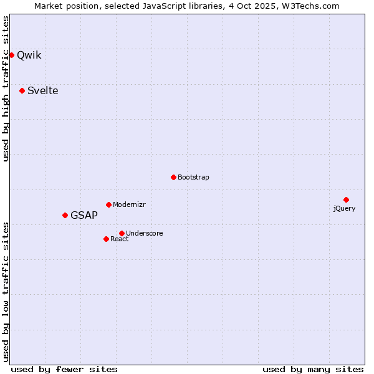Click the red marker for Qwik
[11, 55]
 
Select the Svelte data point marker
[22, 90]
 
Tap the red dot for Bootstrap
[173, 177]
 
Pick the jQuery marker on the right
[346, 199]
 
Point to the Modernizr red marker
[108, 204]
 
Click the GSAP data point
[65, 215]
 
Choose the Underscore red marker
[122, 233]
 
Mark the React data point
[106, 239]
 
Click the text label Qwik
[29, 55]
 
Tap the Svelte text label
[43, 90]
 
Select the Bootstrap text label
[193, 177]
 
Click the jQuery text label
[344, 208]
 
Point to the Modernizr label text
[129, 204]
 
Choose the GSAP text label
[84, 215]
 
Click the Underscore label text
[145, 233]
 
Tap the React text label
[120, 239]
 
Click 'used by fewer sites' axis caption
[64, 369]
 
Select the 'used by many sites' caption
[313, 369]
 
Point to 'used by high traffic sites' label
[6, 89]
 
